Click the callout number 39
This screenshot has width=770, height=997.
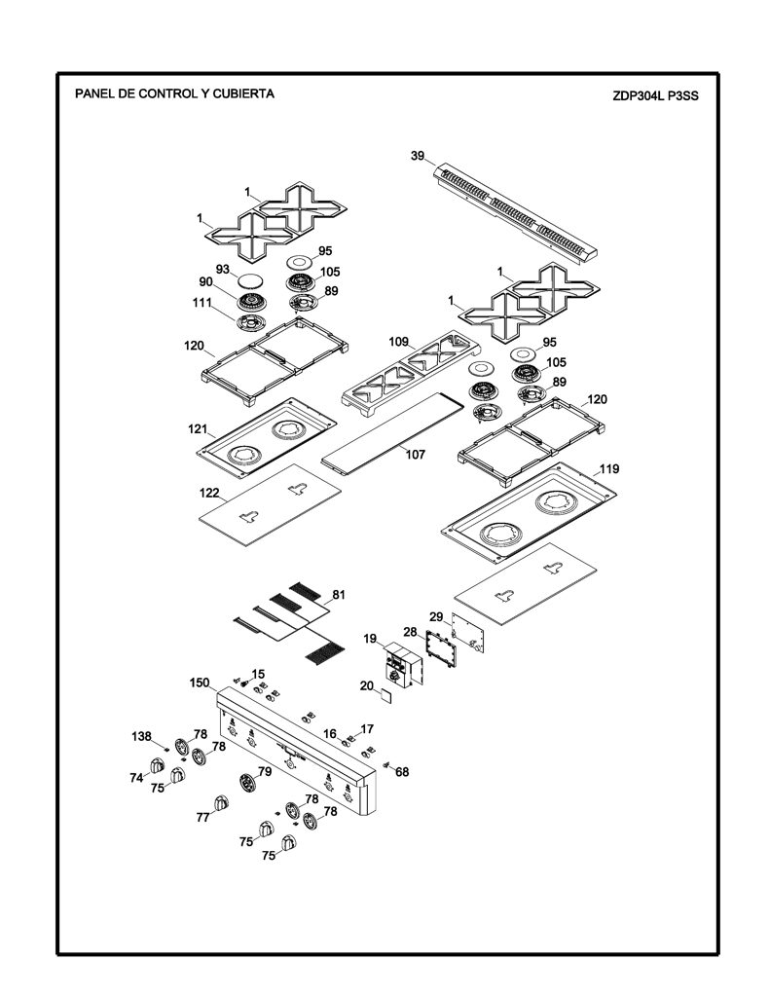(417, 156)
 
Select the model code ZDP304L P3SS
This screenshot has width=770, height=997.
(655, 96)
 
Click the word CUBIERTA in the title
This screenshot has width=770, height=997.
(243, 94)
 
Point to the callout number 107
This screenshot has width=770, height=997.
(416, 455)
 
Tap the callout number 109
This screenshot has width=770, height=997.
(399, 342)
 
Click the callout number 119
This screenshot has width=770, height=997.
(609, 469)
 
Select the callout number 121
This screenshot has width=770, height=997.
(198, 429)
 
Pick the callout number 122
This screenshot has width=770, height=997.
(209, 493)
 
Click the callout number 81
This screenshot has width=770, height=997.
(339, 595)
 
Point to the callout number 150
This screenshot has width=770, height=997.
(199, 683)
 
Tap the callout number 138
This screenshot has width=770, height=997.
(141, 736)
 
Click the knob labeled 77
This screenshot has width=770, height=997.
(221, 803)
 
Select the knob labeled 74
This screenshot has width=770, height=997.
(157, 766)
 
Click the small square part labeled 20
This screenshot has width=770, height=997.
(385, 695)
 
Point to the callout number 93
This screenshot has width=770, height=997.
(223, 270)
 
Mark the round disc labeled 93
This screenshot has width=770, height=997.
(249, 281)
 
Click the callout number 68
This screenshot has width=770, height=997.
(402, 772)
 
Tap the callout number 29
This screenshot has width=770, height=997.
(436, 616)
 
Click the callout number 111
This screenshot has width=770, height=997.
(202, 303)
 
